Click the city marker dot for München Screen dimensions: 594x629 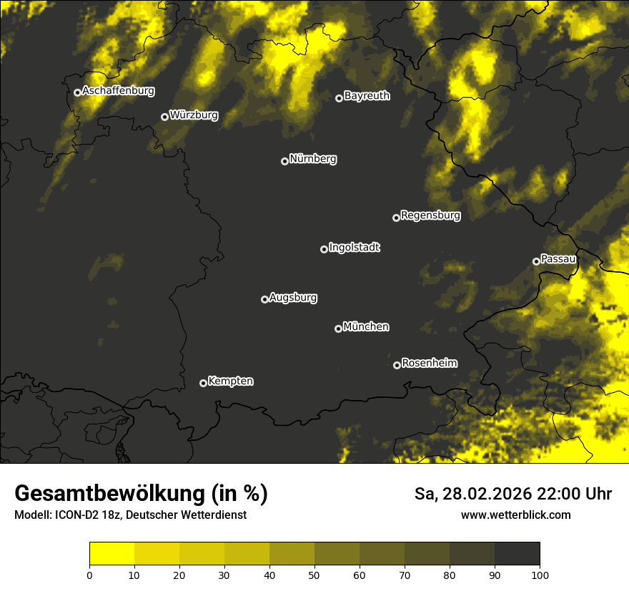tap(338, 329)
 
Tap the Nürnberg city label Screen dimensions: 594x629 tap(312, 159)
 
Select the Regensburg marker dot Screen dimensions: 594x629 tap(396, 218)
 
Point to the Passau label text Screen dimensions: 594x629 tap(558, 259)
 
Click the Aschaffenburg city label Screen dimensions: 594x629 tap(118, 91)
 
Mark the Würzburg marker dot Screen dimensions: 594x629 tap(164, 117)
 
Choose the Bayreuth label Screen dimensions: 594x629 tap(367, 96)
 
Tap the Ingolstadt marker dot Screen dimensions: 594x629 tap(324, 249)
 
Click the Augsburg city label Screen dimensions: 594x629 tap(293, 297)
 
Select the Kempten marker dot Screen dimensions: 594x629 tap(203, 383)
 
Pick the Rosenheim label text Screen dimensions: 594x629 tap(429, 363)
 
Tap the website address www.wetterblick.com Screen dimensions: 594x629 tap(515, 515)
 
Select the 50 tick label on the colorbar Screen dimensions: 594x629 tap(314, 575)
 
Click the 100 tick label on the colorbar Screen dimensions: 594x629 tap(540, 575)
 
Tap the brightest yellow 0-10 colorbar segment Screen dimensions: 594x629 tap(112, 553)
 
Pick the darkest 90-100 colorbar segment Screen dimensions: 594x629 tap(517, 553)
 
